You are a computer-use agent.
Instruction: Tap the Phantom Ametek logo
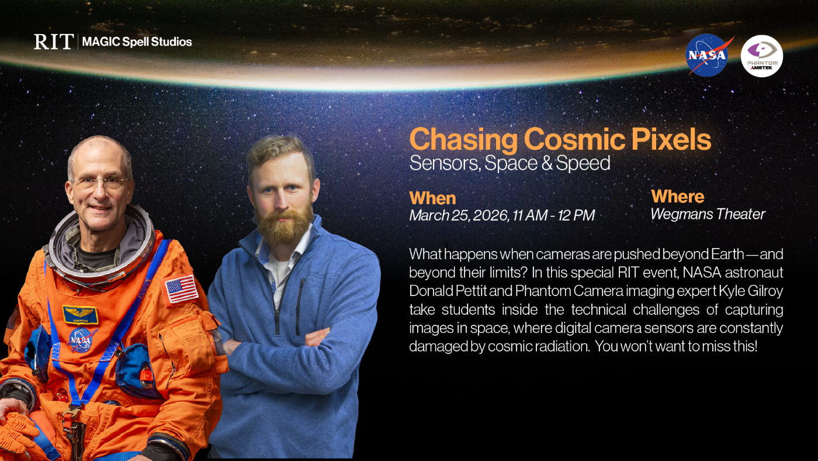click(x=761, y=56)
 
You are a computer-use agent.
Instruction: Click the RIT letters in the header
click(x=54, y=42)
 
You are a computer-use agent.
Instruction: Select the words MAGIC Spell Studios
click(x=137, y=42)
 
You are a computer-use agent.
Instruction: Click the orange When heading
click(x=432, y=198)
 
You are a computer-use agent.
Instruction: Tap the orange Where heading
click(x=677, y=196)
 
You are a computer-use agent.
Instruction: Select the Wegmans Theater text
click(x=708, y=214)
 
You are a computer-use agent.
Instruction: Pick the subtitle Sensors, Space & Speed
click(x=509, y=163)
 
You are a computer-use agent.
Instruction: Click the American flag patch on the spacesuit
click(x=181, y=288)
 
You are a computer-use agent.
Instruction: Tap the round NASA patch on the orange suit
click(x=82, y=339)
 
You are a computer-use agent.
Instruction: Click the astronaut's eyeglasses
click(x=100, y=182)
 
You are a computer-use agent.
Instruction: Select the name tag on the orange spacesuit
click(x=80, y=315)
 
